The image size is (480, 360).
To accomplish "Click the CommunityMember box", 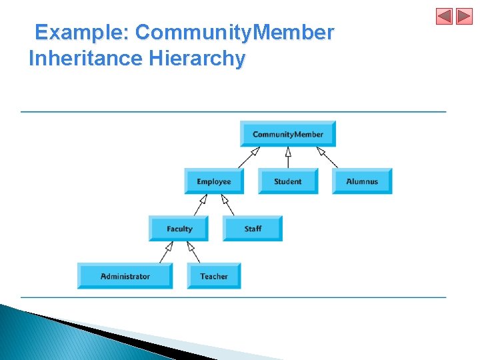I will [x=288, y=134].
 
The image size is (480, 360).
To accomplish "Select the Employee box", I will [x=214, y=181].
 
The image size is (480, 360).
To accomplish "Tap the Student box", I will [x=288, y=181].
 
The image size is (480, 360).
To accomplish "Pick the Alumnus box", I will [x=362, y=181].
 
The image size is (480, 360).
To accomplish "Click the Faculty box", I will [x=179, y=229].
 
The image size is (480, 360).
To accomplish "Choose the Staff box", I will [x=253, y=229].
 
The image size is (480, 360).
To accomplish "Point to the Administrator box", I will [x=125, y=276].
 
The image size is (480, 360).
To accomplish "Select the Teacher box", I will [x=214, y=276].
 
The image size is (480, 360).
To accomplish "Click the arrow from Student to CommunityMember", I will [x=288, y=157].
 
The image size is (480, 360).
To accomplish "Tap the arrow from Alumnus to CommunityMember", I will [x=327, y=157].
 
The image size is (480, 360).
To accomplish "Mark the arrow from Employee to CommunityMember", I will [x=249, y=157].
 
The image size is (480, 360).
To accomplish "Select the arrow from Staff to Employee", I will [x=228, y=205].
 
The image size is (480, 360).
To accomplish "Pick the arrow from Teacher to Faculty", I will [x=193, y=252].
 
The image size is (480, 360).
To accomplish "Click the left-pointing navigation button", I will [x=444, y=17].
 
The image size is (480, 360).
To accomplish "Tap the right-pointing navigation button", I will [x=464, y=17].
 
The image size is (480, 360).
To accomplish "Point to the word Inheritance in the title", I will [x=86, y=59].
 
